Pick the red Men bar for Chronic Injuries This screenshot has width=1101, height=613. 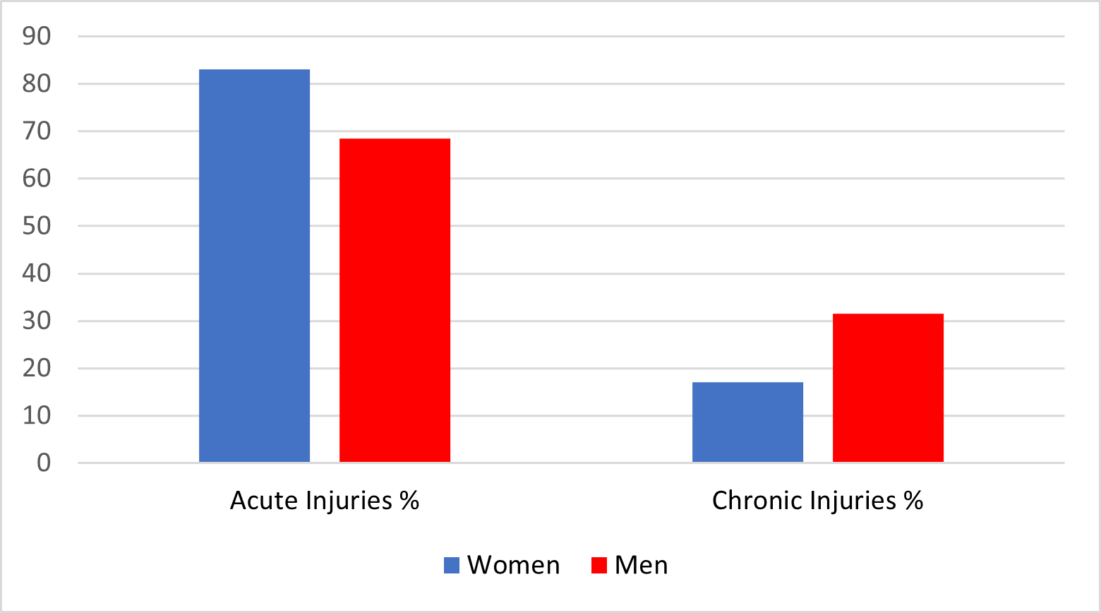[888, 388]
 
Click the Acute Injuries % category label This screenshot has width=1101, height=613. [325, 501]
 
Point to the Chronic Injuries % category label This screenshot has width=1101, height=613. [817, 501]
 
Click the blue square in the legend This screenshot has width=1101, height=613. [452, 565]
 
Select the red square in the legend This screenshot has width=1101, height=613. [599, 565]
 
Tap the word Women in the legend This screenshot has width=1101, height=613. [513, 565]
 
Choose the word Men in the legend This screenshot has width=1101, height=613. [641, 565]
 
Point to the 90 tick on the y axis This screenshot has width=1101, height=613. [37, 36]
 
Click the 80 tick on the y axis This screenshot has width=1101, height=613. [37, 83]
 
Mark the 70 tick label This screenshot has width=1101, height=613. [37, 131]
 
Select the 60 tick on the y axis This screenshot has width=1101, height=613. [37, 178]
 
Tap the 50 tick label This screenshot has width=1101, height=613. [37, 226]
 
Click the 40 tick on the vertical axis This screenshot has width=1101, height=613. [37, 273]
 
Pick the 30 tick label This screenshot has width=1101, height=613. [37, 321]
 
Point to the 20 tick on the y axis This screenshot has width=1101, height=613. [37, 368]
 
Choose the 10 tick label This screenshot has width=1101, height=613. [37, 415]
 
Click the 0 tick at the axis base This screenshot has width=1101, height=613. [44, 463]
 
